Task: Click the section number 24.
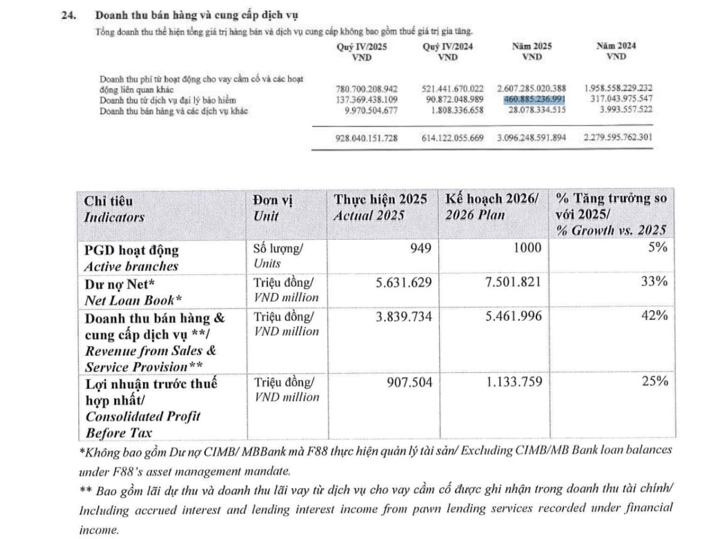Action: pyautogui.click(x=68, y=15)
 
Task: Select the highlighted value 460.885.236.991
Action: pyautogui.click(x=535, y=100)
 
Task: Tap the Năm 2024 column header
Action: pyautogui.click(x=616, y=51)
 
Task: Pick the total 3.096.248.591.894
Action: pyautogui.click(x=531, y=137)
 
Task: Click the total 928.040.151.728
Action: pyautogui.click(x=366, y=137)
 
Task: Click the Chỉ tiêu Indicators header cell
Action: pyautogui.click(x=114, y=208)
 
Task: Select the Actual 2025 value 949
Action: pyautogui.click(x=420, y=248)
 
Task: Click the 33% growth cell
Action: pyautogui.click(x=654, y=282)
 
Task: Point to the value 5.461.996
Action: pyautogui.click(x=513, y=316)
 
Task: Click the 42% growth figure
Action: pyautogui.click(x=654, y=316)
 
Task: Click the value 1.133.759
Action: pyautogui.click(x=513, y=382)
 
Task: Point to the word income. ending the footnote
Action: pyautogui.click(x=99, y=530)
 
